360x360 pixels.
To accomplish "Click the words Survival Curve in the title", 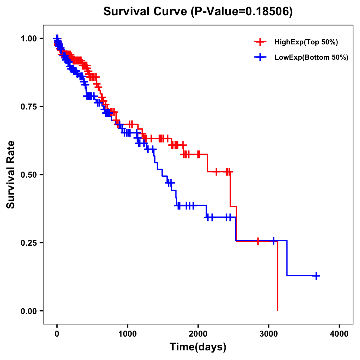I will point(145,11).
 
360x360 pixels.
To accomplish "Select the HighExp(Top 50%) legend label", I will point(306,42).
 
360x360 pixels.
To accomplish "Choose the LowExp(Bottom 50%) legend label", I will point(311,58).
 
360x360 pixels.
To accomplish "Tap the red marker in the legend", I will point(260,42).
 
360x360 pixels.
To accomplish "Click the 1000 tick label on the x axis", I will point(127,334).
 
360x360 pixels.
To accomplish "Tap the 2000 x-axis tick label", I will point(198,334).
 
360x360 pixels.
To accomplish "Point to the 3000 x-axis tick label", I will point(268,334).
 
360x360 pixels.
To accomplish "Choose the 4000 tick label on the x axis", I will point(339,334).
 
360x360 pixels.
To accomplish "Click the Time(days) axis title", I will point(198,347).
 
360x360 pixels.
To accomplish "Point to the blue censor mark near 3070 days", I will point(273,241).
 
